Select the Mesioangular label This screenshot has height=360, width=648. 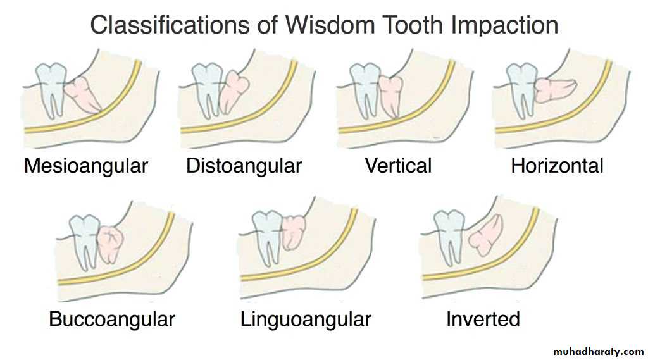click(86, 166)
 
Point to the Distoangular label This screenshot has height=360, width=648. click(244, 166)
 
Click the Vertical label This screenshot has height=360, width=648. click(398, 166)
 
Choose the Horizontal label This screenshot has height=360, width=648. click(557, 166)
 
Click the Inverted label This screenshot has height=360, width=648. click(483, 319)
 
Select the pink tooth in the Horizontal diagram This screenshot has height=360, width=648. click(554, 90)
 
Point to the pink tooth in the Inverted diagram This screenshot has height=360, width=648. click(487, 235)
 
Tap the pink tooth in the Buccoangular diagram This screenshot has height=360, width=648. click(110, 244)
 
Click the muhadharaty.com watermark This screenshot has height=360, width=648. click(599, 352)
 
